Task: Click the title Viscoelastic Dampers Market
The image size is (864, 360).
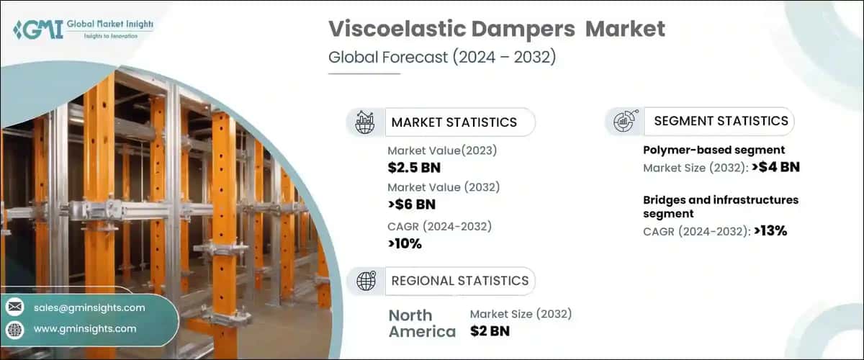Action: (x=497, y=30)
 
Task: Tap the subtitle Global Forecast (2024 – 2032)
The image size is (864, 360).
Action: (x=442, y=58)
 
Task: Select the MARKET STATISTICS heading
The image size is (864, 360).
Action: (x=454, y=122)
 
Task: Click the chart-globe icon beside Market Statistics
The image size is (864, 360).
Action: (x=365, y=122)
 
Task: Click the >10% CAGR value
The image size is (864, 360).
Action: (x=405, y=243)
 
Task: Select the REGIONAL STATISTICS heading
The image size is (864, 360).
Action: (x=459, y=280)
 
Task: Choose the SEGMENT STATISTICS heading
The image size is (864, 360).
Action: (x=721, y=121)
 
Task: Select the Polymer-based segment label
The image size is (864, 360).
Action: (x=714, y=150)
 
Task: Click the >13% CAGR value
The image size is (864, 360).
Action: (x=770, y=231)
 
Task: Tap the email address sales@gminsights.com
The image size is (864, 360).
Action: (x=89, y=307)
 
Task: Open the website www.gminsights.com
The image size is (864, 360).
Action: (x=85, y=329)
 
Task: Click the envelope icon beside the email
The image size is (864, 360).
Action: (x=14, y=307)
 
